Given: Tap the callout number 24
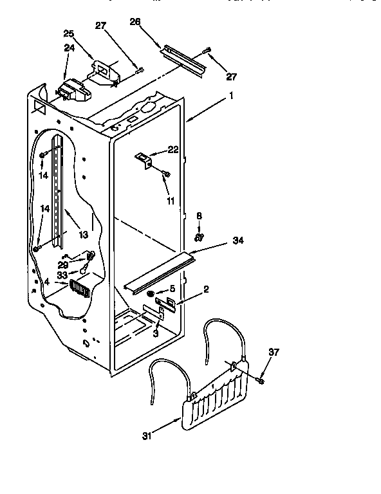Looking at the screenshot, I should tap(68, 47).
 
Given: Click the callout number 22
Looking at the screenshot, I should tap(172, 149).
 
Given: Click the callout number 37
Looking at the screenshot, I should tap(275, 351).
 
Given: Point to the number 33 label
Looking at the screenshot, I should tap(62, 275).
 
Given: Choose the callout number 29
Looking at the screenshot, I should tap(62, 264).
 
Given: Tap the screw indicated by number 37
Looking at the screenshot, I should tap(261, 381).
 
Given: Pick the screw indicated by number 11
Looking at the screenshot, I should tap(165, 173).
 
